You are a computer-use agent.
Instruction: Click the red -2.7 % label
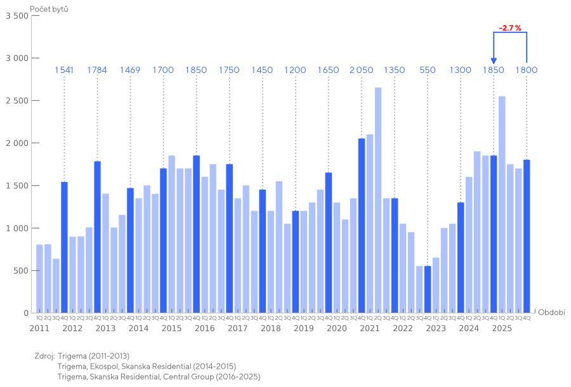pyautogui.click(x=510, y=28)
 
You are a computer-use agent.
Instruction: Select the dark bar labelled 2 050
pyautogui.click(x=362, y=225)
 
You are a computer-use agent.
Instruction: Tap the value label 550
pyautogui.click(x=428, y=70)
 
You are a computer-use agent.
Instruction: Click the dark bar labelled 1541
pyautogui.click(x=64, y=247)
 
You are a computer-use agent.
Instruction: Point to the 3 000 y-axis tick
pyautogui.click(x=17, y=58)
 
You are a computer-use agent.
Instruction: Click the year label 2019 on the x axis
pyautogui.click(x=303, y=328)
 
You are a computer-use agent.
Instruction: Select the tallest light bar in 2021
pyautogui.click(x=378, y=200)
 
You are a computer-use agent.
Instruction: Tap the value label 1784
pyautogui.click(x=97, y=70)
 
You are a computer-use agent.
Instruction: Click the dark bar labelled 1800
pyautogui.click(x=527, y=236)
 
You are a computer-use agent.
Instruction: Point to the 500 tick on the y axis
pyautogui.click(x=21, y=270)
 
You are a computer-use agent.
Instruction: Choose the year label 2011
pyautogui.click(x=39, y=328)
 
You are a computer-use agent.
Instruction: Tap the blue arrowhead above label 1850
pyautogui.click(x=494, y=61)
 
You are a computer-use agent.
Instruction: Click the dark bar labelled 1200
pyautogui.click(x=296, y=261)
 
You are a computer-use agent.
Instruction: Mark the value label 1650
pyautogui.click(x=329, y=70)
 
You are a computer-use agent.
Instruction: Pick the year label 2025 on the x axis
pyautogui.click(x=502, y=328)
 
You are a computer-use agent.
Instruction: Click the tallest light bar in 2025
pyautogui.click(x=502, y=204)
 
